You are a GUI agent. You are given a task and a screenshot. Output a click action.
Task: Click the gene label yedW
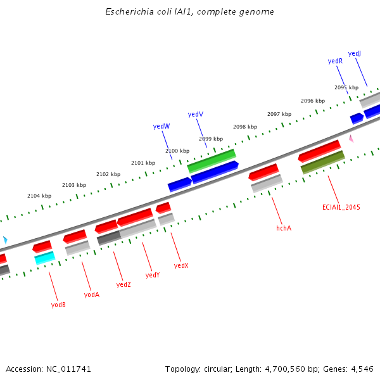(161, 126)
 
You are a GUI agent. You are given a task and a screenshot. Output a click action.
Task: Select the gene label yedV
(196, 114)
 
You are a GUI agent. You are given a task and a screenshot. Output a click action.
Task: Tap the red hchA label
(284, 227)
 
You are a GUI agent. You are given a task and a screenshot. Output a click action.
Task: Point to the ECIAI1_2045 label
(341, 207)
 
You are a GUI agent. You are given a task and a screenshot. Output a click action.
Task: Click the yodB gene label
(58, 305)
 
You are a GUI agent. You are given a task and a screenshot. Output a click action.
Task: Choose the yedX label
(181, 265)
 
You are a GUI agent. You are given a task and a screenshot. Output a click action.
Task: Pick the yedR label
(335, 61)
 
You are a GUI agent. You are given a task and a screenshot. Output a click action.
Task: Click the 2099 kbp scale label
(211, 139)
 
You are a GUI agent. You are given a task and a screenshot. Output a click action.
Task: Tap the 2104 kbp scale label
(39, 196)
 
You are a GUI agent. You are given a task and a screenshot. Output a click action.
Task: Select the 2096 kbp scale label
(313, 101)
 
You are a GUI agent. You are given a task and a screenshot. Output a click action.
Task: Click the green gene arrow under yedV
(212, 160)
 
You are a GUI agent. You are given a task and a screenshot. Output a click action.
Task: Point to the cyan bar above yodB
(44, 258)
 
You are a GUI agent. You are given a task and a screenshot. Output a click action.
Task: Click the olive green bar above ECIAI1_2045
(322, 162)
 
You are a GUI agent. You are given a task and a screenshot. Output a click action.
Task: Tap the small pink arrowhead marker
(351, 138)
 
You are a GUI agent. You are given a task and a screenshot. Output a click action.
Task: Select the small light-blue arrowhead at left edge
(5, 240)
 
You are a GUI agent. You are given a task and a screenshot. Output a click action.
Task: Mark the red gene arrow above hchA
(263, 172)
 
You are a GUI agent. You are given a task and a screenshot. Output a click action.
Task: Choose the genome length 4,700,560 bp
(289, 369)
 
